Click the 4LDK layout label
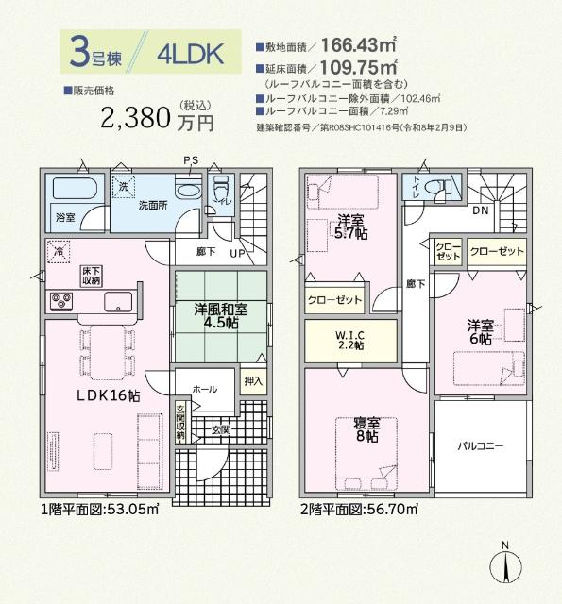coord(192,54)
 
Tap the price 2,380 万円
coord(159,117)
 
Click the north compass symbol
coord(505,566)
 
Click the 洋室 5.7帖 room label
coord(350,227)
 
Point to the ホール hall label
coord(204,388)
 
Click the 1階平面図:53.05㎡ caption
coord(99,510)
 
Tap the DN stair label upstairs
coord(480,210)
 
